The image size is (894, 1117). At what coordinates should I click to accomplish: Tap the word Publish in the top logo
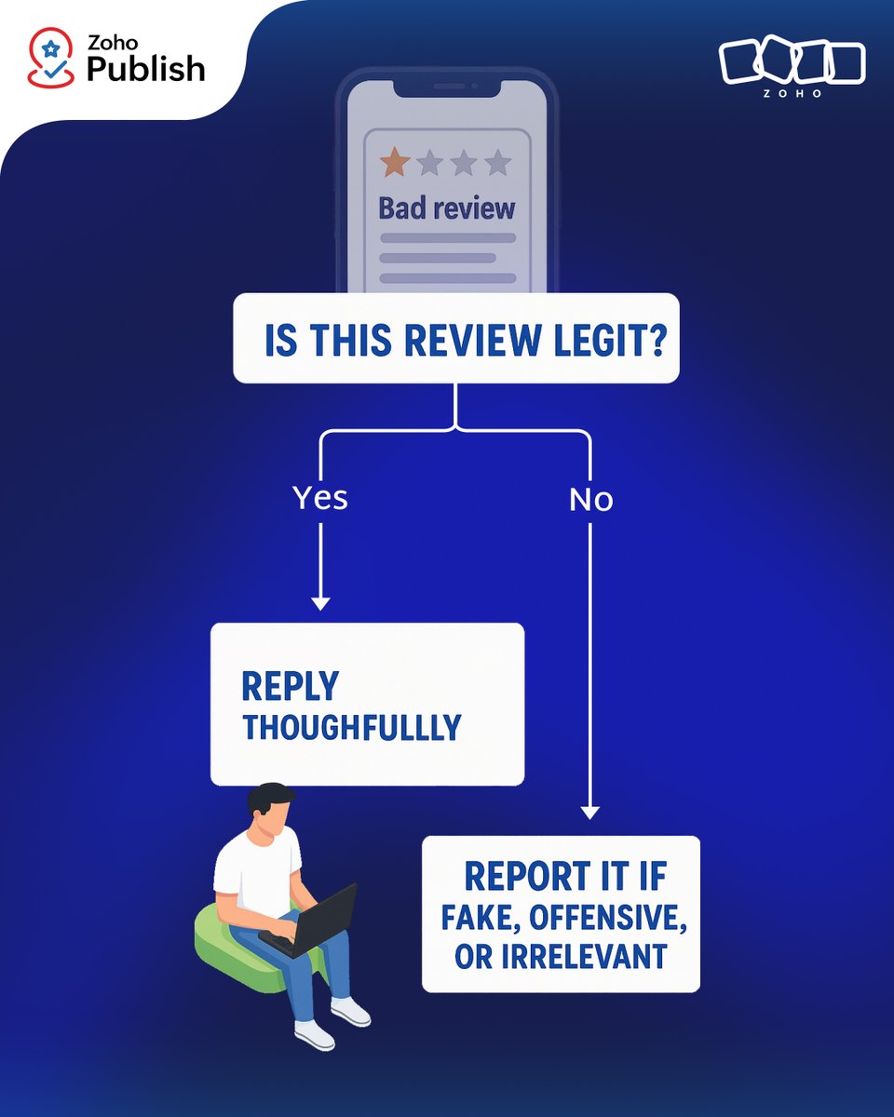[145, 69]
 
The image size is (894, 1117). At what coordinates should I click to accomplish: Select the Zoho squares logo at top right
[792, 63]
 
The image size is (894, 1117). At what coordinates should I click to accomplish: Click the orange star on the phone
[395, 163]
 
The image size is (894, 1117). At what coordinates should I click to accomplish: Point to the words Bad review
[446, 208]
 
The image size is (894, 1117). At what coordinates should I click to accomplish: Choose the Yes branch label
[320, 498]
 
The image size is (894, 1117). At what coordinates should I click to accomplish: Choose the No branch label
[590, 500]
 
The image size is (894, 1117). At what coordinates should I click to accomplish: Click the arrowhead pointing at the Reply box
[320, 603]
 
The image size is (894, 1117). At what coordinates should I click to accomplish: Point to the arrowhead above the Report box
[590, 812]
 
